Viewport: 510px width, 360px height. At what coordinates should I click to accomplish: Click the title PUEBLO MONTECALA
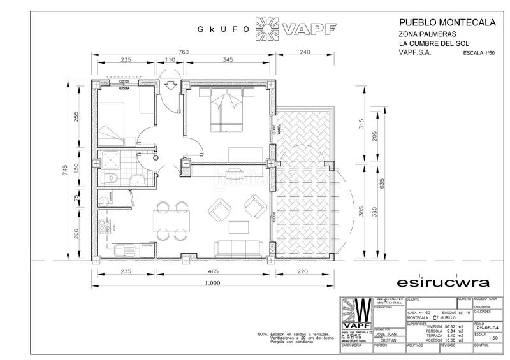tap(446, 22)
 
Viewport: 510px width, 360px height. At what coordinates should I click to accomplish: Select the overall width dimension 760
tap(183, 51)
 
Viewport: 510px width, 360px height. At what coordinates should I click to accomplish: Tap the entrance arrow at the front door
tap(170, 86)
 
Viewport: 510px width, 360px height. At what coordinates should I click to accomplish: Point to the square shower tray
tap(111, 159)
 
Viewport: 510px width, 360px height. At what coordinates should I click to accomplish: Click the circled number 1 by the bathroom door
tap(156, 156)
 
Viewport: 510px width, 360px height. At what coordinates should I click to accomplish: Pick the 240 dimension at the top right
tap(304, 51)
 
